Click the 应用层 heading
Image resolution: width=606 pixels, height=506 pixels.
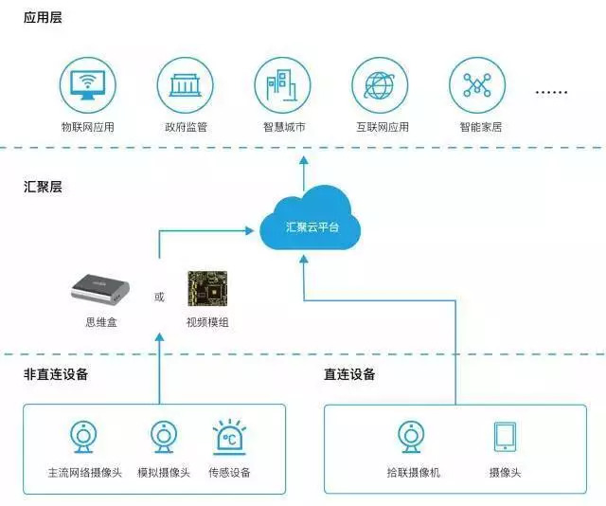[x=43, y=17]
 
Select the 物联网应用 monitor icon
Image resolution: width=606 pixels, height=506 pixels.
[x=88, y=85]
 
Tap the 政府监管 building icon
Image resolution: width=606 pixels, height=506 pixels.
[x=186, y=85]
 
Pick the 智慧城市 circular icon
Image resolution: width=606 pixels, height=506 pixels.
[x=283, y=85]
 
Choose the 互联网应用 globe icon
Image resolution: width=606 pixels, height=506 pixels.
[x=380, y=85]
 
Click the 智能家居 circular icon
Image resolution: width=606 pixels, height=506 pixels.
[x=476, y=85]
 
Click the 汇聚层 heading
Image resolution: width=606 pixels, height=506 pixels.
[x=43, y=187]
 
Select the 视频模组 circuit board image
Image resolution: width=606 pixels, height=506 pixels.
[x=207, y=288]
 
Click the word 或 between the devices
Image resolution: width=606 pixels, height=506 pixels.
[x=159, y=298]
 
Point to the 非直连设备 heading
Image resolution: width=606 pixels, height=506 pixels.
[x=56, y=374]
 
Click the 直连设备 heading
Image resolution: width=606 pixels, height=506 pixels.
[x=349, y=374]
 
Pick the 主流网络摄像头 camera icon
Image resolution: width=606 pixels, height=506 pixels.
[x=83, y=436]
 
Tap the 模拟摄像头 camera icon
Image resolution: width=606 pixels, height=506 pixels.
[x=163, y=436]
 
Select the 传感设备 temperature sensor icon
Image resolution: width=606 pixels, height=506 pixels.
[x=229, y=436]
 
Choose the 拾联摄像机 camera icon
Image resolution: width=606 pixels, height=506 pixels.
[x=413, y=436]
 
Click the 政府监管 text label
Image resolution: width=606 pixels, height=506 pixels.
[x=186, y=126]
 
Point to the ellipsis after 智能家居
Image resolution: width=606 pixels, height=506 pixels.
[x=551, y=93]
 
